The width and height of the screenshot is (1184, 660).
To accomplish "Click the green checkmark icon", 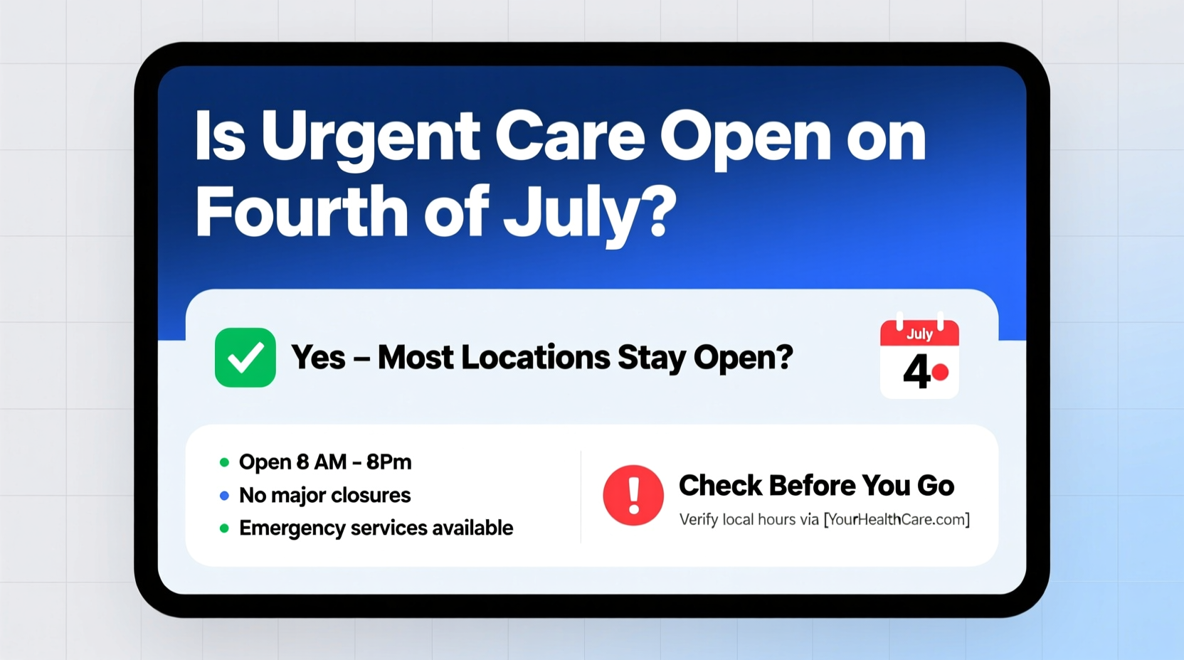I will click(x=245, y=358).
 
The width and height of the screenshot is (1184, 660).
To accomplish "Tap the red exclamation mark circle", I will click(x=633, y=495).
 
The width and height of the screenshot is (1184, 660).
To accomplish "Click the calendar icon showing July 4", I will click(x=919, y=359).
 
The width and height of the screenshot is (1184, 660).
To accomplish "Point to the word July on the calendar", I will click(x=919, y=334).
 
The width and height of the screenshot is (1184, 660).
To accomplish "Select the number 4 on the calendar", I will click(x=916, y=372).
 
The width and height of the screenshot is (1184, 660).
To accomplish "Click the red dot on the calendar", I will click(x=941, y=372).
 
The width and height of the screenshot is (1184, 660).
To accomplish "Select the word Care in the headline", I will click(x=569, y=137).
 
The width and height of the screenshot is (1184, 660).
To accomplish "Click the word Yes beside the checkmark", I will click(x=319, y=358).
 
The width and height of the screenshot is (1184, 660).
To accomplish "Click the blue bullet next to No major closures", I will click(x=224, y=496).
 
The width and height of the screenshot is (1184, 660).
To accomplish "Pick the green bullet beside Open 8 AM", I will click(x=224, y=462).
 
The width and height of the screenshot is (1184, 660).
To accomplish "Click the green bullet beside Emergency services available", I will click(x=224, y=528).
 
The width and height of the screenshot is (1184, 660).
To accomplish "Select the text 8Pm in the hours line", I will click(x=388, y=462).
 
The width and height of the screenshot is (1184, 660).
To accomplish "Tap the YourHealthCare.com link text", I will click(x=897, y=520).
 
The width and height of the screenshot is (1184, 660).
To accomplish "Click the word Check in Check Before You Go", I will click(x=720, y=486).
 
